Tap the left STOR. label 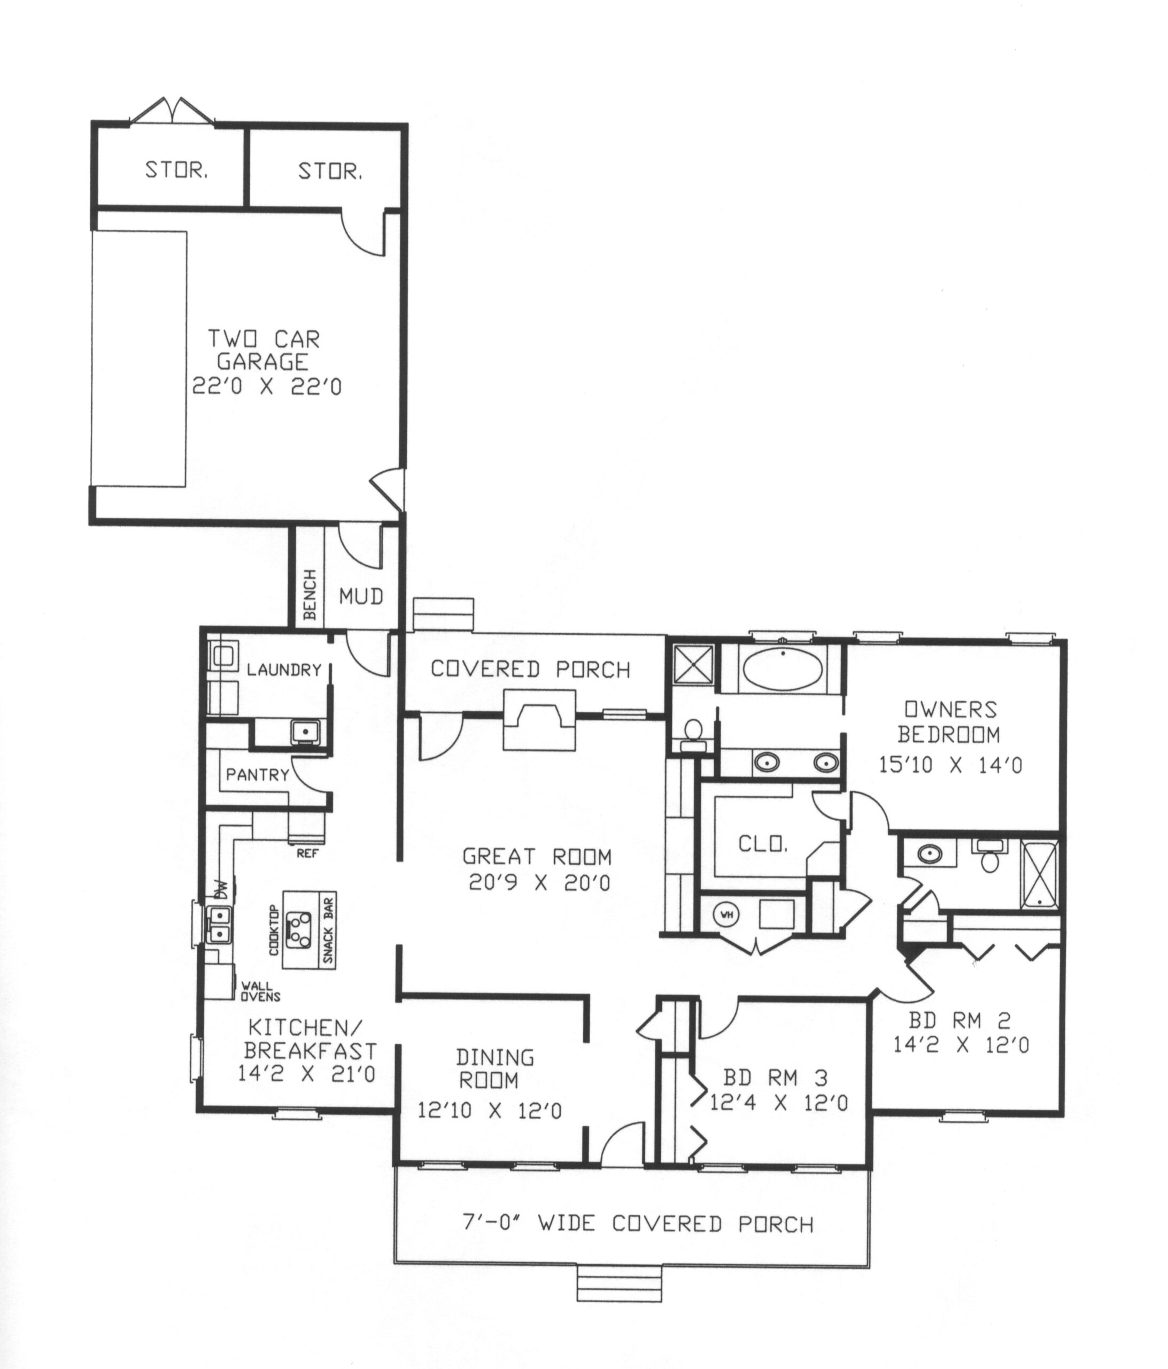[176, 171]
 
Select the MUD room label [361, 597]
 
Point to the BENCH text [310, 595]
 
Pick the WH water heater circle [726, 915]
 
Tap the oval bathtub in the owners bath [783, 671]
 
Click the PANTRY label [258, 774]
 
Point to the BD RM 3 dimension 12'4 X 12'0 [779, 1102]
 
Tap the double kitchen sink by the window [219, 924]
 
